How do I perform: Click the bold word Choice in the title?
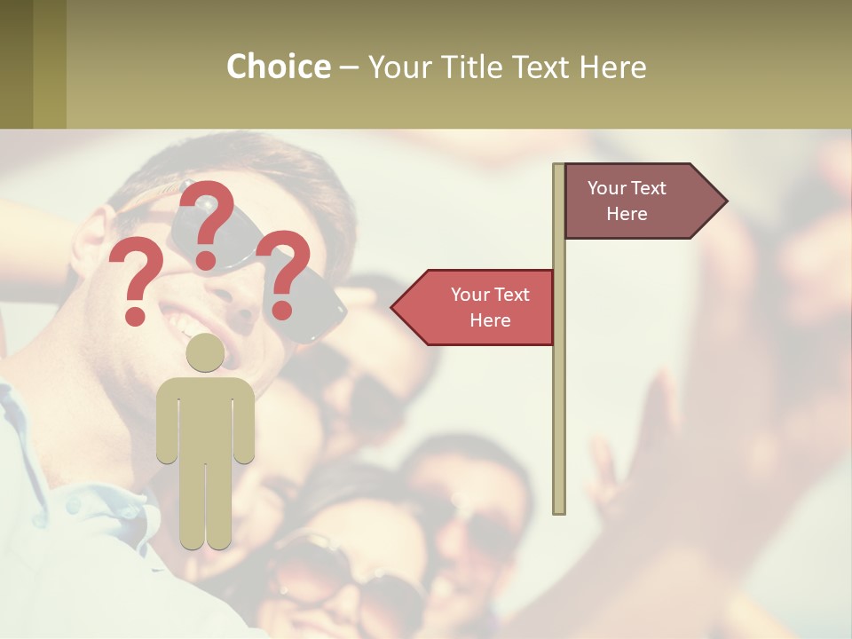point(278,67)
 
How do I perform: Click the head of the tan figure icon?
point(205,352)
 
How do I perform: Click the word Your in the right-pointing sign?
point(607,188)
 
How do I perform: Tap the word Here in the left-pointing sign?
point(490,320)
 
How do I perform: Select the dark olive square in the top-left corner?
point(16,64)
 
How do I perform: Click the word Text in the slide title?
point(543,67)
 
